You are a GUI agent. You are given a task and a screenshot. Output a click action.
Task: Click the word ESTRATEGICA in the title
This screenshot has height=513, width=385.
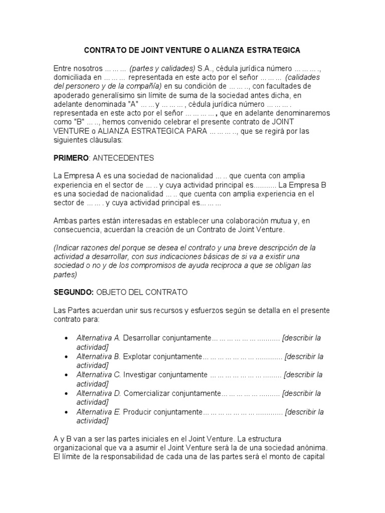(x=270, y=51)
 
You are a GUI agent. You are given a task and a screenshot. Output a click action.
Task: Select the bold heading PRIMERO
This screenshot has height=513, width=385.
(x=70, y=158)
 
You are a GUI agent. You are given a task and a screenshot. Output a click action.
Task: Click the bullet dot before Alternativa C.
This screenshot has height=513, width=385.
(x=67, y=375)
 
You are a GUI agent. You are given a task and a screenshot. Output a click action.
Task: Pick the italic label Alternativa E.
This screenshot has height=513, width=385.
(x=98, y=412)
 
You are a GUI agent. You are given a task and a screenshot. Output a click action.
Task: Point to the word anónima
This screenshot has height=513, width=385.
(x=312, y=447)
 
